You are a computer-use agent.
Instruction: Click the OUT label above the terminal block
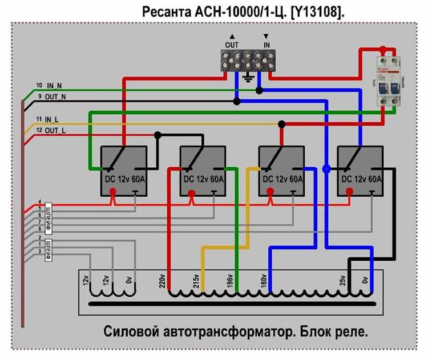232,44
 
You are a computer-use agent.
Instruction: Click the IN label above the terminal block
266,44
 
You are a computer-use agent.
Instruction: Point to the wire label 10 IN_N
49,86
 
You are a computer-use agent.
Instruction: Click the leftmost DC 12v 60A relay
124,171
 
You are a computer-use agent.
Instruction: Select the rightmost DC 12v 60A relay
361,171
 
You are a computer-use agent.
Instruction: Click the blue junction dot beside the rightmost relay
326,169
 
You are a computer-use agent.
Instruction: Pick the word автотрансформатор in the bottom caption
213,332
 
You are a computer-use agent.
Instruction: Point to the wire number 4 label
39,202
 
